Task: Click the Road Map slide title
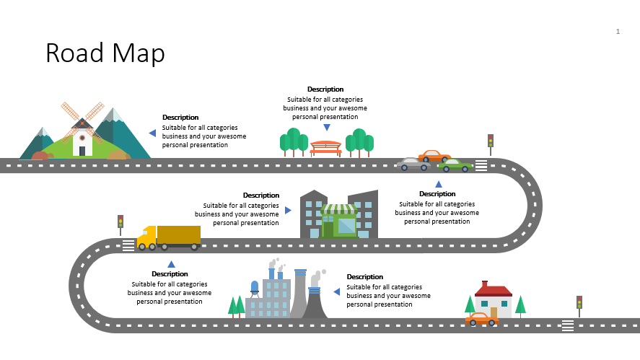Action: (x=105, y=53)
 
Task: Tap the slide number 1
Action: (x=618, y=32)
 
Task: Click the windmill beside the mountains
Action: (x=82, y=130)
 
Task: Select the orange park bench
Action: (x=326, y=148)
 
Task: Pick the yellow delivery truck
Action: (x=170, y=237)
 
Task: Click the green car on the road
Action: (x=456, y=165)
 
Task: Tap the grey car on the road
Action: (x=413, y=164)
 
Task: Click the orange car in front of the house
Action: (x=481, y=319)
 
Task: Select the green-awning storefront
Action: (x=338, y=221)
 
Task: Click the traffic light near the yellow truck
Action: (x=120, y=224)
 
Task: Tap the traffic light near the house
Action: (x=579, y=304)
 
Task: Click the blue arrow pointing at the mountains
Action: (x=152, y=133)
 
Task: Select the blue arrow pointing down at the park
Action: (x=326, y=128)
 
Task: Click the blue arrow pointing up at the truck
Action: (x=171, y=265)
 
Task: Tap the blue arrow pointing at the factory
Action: (x=336, y=291)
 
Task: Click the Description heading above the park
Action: (x=325, y=89)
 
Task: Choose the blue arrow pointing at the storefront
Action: (x=288, y=211)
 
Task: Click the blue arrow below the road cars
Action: (x=438, y=184)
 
